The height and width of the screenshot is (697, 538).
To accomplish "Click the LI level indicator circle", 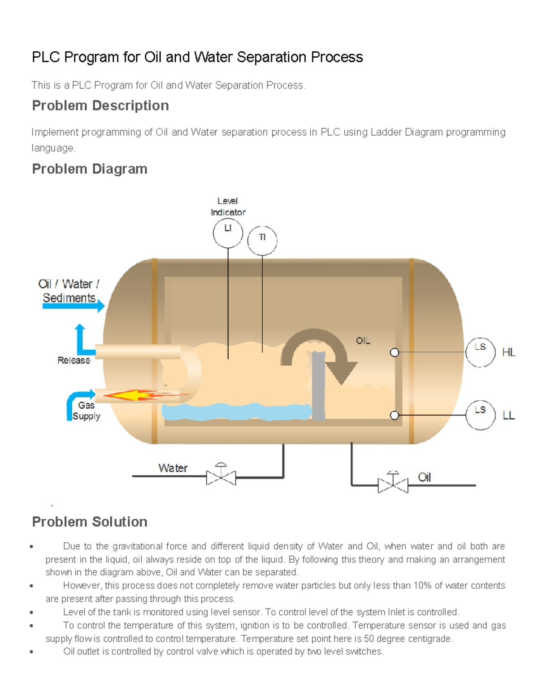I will click(228, 233).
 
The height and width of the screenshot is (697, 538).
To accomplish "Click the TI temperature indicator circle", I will click(262, 241).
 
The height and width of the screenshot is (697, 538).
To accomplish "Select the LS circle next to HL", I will click(480, 352).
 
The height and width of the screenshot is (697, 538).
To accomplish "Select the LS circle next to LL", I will click(480, 415).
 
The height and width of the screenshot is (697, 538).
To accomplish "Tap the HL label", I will click(509, 352).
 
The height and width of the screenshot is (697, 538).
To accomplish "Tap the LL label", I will click(509, 416).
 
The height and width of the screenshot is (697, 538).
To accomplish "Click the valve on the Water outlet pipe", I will click(221, 477).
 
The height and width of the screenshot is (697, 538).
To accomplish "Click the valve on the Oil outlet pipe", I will click(393, 484).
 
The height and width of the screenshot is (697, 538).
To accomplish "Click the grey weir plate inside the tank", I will click(318, 386).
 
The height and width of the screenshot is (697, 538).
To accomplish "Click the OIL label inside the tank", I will click(363, 341).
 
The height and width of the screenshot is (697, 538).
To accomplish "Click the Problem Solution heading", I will click(90, 522).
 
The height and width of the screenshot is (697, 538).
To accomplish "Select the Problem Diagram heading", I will click(90, 169).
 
